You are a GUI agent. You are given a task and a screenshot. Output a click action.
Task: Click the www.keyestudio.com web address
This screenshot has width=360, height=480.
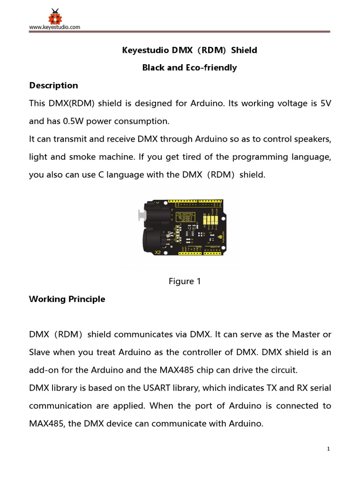tap(54, 27)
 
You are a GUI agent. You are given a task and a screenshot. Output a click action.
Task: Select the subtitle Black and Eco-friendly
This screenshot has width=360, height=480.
tap(189, 67)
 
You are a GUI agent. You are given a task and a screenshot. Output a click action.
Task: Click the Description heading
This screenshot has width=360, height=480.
tap(53, 85)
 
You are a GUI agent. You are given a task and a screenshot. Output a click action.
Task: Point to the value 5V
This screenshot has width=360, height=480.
tap(326, 103)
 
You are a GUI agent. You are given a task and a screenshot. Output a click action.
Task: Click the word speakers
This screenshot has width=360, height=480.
tap(314, 139)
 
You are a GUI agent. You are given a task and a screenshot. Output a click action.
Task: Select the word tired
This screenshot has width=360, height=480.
tap(180, 157)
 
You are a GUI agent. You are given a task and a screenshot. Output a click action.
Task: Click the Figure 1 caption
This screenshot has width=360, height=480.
tap(185, 281)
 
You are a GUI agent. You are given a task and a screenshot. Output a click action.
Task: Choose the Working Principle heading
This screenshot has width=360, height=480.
tap(67, 299)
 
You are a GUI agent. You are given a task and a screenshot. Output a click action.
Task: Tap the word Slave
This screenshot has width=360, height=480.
tap(39, 352)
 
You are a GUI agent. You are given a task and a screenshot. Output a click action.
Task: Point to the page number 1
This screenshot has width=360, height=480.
tap(329, 449)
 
